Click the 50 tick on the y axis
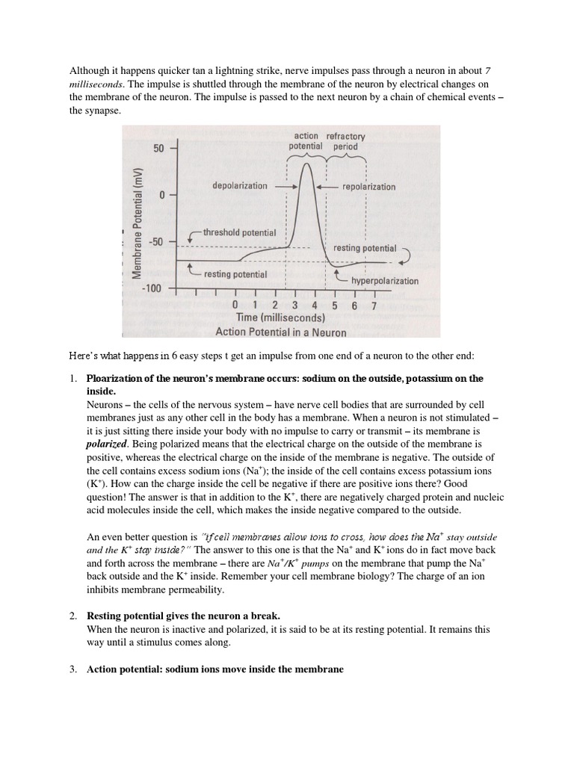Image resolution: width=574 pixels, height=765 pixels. coord(158,149)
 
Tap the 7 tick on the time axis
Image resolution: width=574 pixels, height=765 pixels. coord(374,306)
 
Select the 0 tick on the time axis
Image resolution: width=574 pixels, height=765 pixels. coord(235,306)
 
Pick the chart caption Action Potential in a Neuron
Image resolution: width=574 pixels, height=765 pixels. coord(280,332)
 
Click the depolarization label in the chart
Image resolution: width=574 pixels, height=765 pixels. coord(239,185)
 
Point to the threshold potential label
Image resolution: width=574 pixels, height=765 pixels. coord(239,232)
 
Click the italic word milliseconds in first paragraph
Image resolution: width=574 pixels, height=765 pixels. coord(96,83)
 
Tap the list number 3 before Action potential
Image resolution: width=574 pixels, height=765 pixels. coord(73,670)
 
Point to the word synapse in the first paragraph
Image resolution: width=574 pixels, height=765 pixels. coord(101,110)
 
